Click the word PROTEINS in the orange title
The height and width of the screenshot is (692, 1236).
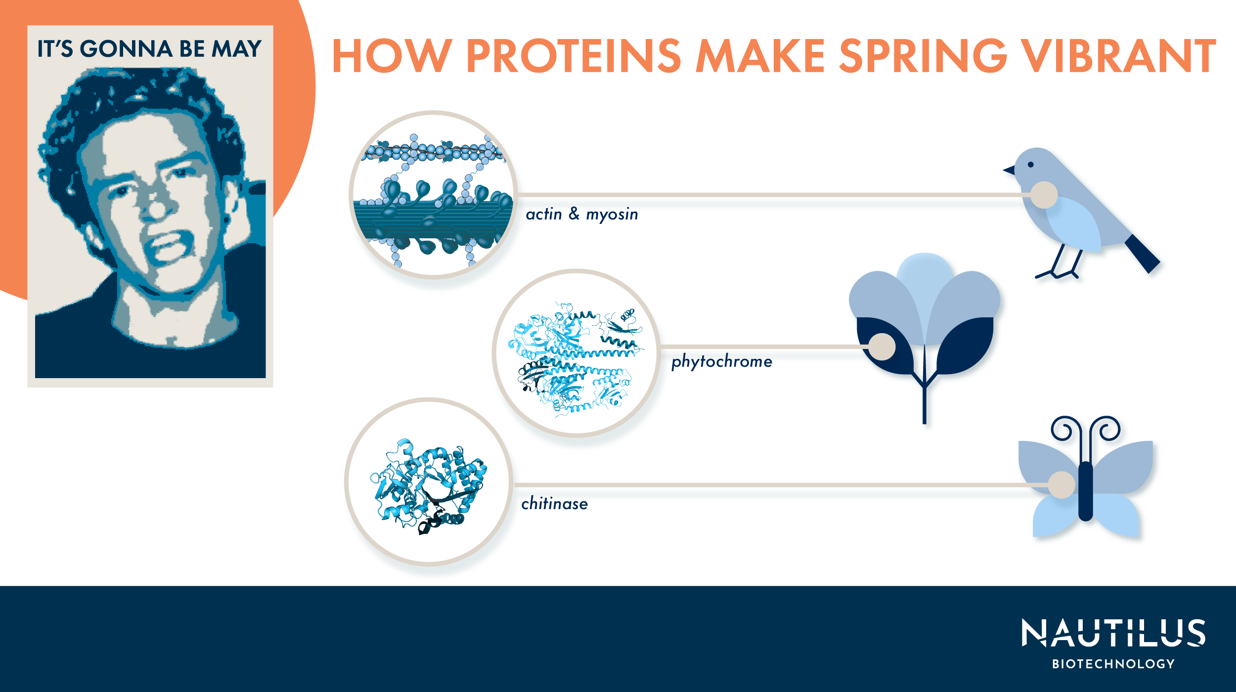(x=574, y=56)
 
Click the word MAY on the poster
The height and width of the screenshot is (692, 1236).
(x=237, y=49)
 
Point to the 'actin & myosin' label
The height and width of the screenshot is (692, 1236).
(x=582, y=214)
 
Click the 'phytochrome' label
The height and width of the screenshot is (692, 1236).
(x=721, y=361)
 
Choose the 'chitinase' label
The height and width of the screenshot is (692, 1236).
(x=555, y=504)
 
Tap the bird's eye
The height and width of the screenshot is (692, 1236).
(x=1030, y=165)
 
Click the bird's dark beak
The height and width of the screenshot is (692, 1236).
(x=1009, y=171)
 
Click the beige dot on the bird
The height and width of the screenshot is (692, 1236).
(x=1044, y=195)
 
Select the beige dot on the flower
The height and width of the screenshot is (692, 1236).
(x=882, y=346)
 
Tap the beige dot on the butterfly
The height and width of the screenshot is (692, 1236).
(x=1061, y=485)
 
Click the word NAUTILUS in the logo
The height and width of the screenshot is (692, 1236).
(x=1113, y=633)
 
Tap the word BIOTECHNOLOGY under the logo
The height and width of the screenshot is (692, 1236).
(x=1113, y=664)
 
